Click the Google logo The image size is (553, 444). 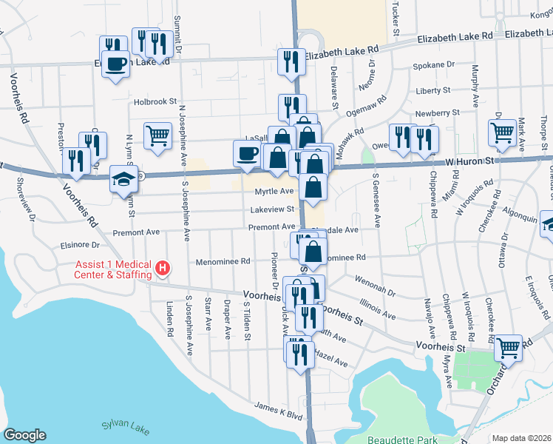tap(24, 435)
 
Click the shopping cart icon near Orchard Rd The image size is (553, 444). tap(508, 347)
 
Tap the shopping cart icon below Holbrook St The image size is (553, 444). tap(157, 136)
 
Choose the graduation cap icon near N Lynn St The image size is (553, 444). tap(123, 178)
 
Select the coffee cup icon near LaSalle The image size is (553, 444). tap(247, 153)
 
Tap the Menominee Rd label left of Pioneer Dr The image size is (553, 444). tap(223, 261)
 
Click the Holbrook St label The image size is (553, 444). tap(156, 101)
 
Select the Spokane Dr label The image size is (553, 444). tap(435, 65)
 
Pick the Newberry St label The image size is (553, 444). tap(437, 112)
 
